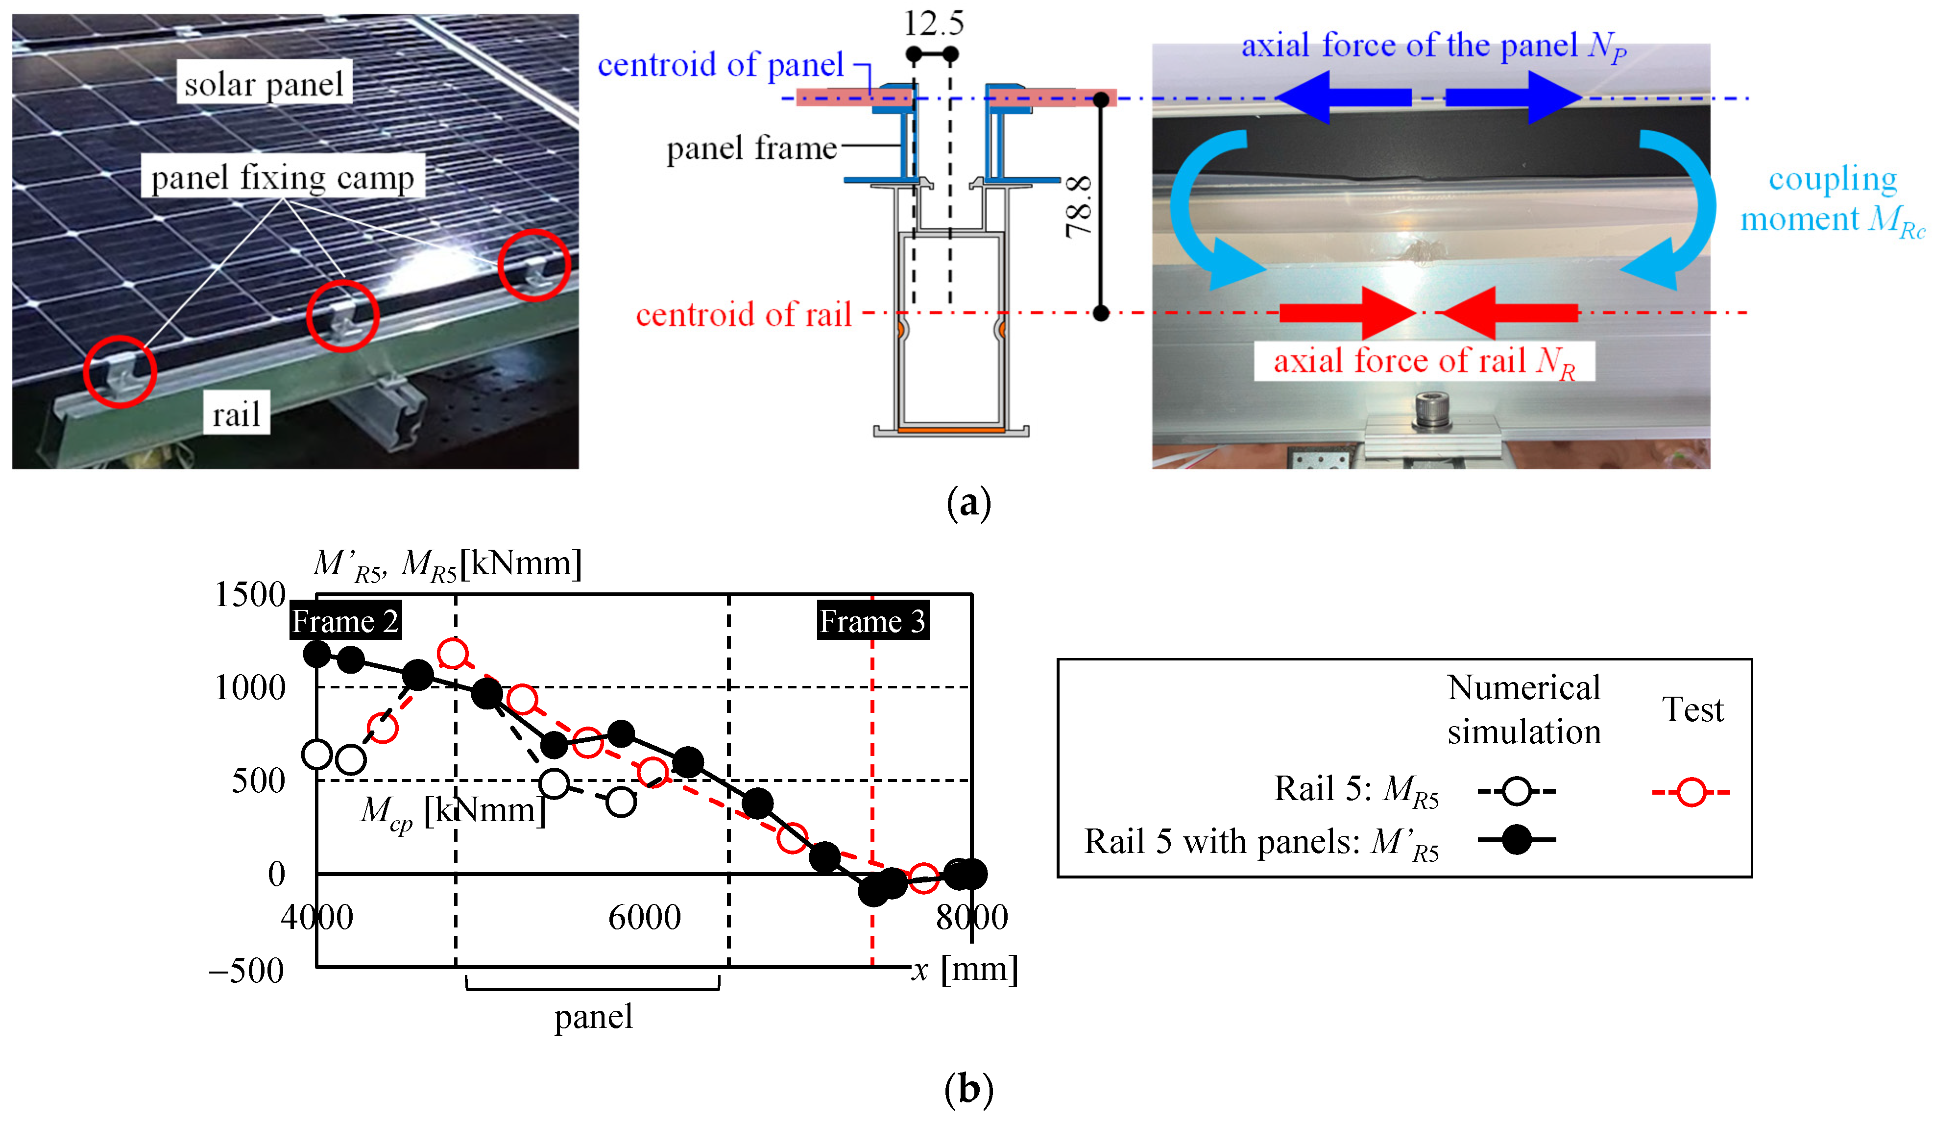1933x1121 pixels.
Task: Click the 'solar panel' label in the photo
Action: pos(264,83)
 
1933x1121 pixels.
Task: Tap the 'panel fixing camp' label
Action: pos(282,177)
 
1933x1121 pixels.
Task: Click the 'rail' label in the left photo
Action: pos(236,414)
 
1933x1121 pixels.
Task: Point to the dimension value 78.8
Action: pos(1079,206)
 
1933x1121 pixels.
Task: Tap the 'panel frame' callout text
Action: pos(751,147)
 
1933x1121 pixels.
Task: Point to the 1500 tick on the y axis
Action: pos(249,595)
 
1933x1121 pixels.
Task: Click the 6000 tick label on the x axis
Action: pos(644,917)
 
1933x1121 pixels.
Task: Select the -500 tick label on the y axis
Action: pos(246,971)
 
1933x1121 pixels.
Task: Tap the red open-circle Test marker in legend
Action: pos(1691,791)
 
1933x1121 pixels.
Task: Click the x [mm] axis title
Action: pos(964,969)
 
